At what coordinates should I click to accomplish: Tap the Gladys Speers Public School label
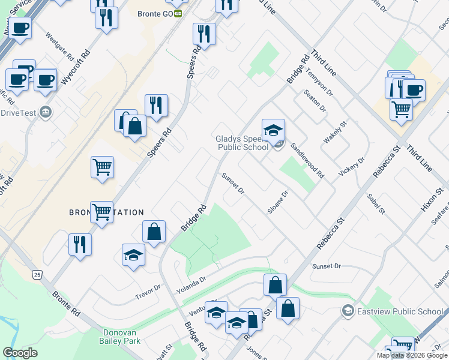pos(243,143)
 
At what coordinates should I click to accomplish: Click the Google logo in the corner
pos(20,353)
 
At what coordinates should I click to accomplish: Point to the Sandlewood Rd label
pos(307,160)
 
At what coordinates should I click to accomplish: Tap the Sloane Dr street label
pos(278,203)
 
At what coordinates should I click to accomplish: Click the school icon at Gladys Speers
pos(273,131)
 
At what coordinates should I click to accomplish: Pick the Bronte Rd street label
pos(66,304)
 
